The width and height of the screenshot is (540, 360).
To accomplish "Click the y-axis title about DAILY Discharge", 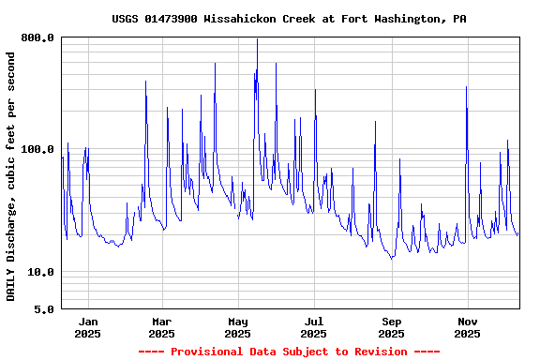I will [11, 176].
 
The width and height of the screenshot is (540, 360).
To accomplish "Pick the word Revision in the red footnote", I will [377, 352].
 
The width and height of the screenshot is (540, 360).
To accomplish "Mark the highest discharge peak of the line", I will [257, 39].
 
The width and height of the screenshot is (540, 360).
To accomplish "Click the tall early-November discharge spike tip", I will [466, 87].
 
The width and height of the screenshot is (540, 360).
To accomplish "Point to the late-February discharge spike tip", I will [145, 82].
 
